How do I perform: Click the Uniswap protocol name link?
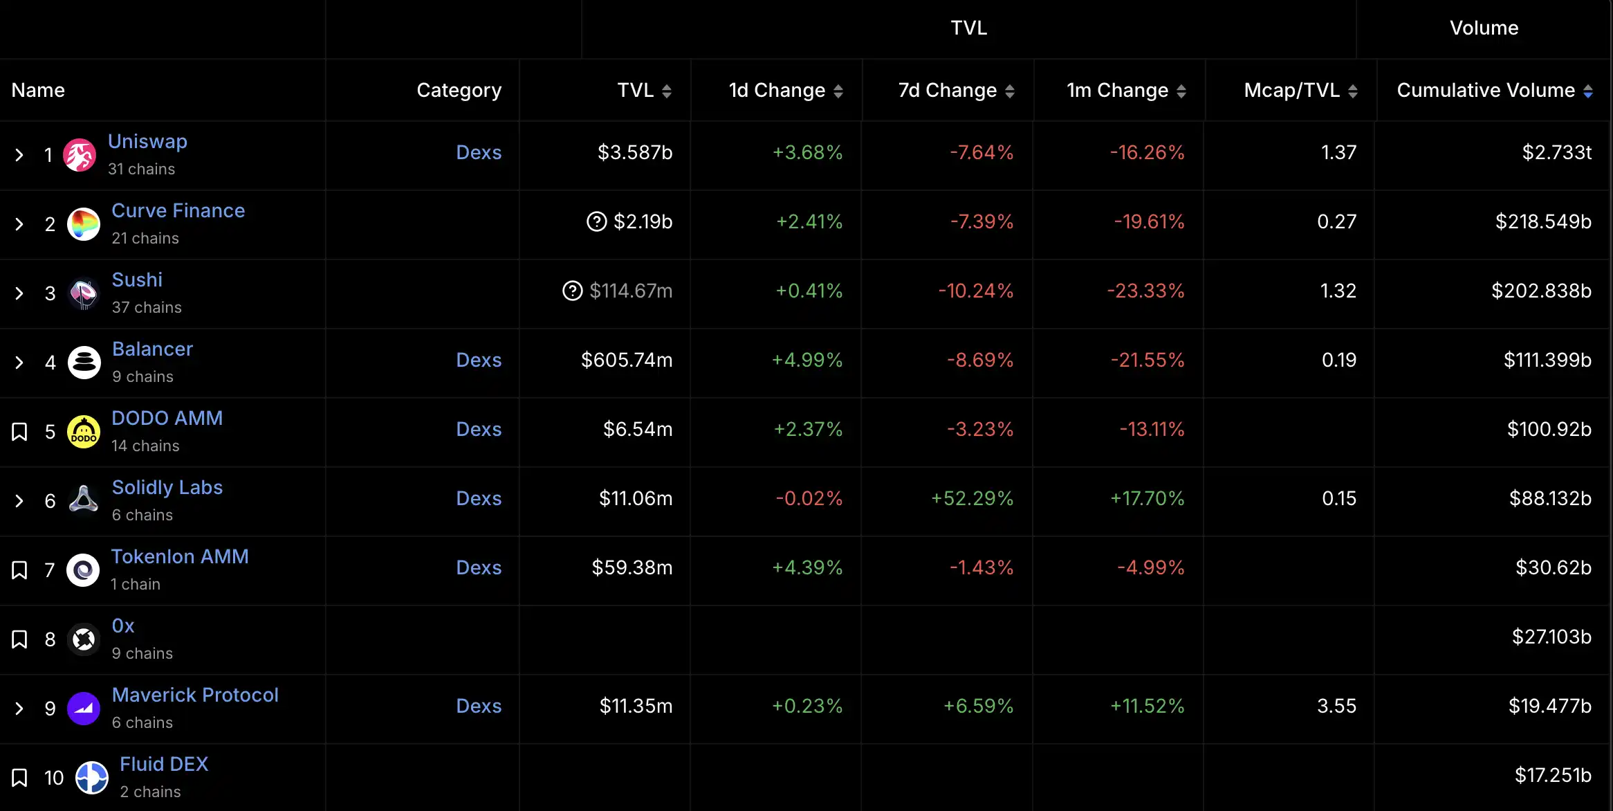147,141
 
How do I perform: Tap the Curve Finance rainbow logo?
84,224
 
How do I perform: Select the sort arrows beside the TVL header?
667,91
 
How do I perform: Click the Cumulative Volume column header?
1485,90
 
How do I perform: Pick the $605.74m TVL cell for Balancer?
626,360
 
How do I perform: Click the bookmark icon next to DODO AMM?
19,432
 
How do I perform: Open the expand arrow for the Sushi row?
19,293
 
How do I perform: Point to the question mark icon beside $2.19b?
596,221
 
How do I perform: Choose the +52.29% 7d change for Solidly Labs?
972,498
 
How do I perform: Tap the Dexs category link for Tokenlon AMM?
479,567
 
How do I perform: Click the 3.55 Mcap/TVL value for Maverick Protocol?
1336,706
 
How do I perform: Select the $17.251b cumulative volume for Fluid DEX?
1553,775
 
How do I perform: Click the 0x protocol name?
123,626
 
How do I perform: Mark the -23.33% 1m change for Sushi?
1145,291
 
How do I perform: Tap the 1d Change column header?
777,90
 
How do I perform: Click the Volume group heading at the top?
1484,28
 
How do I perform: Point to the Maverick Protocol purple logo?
84,709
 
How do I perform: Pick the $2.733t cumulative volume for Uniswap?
1556,152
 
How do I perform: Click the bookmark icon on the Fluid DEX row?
19,778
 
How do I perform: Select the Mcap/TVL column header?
1291,90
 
